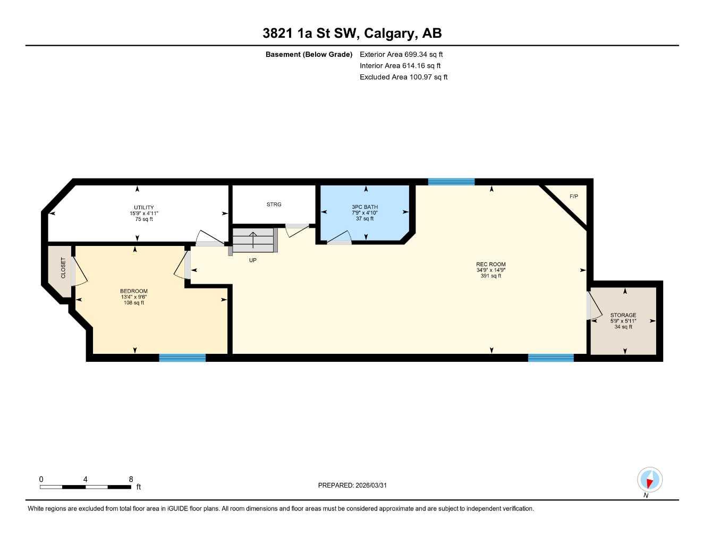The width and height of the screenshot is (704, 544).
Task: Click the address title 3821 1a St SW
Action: (352, 33)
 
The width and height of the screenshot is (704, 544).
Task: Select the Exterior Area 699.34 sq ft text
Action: (401, 54)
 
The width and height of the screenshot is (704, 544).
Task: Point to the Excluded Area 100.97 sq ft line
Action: (403, 77)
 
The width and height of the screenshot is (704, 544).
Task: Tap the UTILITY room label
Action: (144, 207)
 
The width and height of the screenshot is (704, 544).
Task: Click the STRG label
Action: (274, 204)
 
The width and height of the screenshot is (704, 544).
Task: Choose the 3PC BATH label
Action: (365, 207)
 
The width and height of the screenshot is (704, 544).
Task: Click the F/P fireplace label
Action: (573, 197)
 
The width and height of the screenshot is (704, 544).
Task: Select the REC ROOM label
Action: (490, 264)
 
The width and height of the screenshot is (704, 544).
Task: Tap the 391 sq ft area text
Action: (490, 276)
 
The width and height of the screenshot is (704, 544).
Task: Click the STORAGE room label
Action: (623, 315)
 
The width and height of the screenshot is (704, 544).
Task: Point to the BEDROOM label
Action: (133, 291)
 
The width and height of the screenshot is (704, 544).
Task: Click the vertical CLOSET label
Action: (63, 268)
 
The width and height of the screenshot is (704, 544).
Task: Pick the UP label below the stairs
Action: (253, 260)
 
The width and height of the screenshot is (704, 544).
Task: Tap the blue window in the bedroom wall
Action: (182, 358)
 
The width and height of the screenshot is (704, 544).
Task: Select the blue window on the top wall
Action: (451, 182)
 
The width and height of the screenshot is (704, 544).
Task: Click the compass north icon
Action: (649, 480)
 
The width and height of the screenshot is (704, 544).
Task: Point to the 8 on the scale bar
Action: (131, 479)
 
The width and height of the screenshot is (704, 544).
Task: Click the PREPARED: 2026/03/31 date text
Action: (352, 485)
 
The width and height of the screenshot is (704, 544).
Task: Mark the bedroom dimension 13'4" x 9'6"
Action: (133, 297)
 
